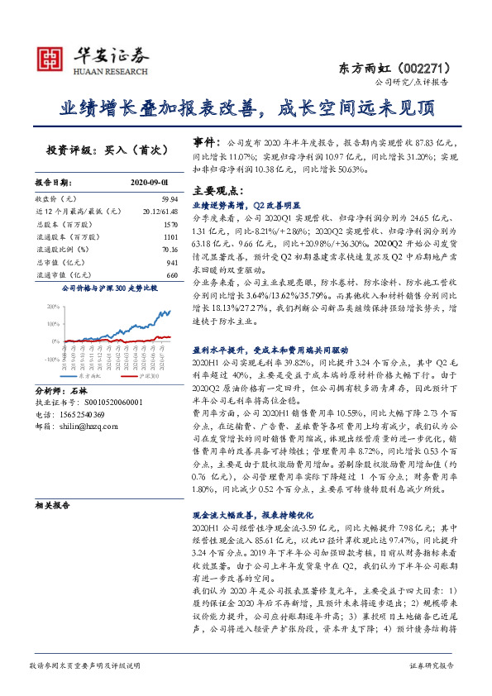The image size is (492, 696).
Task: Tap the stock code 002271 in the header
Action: click(432, 67)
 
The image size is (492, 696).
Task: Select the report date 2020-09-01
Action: click(150, 182)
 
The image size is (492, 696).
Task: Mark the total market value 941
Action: click(172, 260)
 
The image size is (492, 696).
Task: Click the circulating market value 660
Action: click(172, 274)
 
